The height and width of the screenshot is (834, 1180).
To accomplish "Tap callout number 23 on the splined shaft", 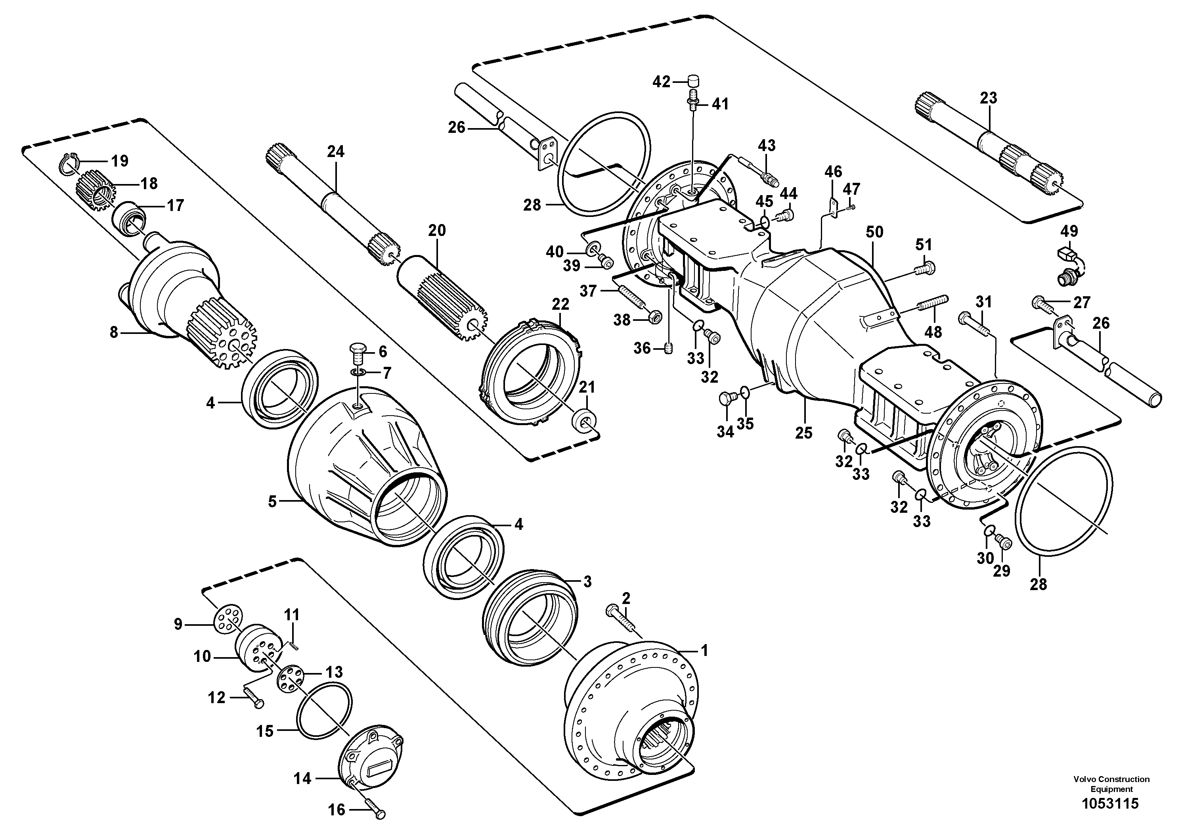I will (x=988, y=98).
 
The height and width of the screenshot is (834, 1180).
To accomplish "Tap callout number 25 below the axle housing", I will (x=804, y=433).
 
